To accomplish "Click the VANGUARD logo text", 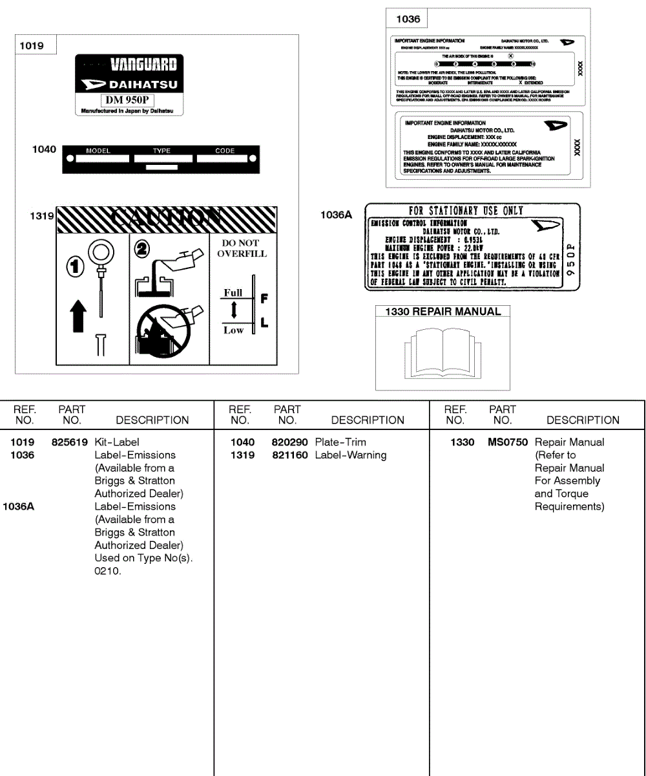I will pos(143,64).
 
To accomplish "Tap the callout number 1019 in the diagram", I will pos(32,46).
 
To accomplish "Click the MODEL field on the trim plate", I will pos(98,156).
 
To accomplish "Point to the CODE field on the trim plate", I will pos(225,156).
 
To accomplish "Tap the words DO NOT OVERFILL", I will pos(241,248).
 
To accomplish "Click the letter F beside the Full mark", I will pos(264,299).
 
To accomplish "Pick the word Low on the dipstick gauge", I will pos(233,330).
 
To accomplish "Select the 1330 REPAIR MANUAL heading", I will pos(443,312).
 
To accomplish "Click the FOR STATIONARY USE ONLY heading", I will pos(466,210).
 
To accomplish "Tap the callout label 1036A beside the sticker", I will pos(336,215).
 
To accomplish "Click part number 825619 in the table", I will pos(70,442).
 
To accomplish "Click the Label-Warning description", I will pos(351,455).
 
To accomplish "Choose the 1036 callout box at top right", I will pos(408,19).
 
